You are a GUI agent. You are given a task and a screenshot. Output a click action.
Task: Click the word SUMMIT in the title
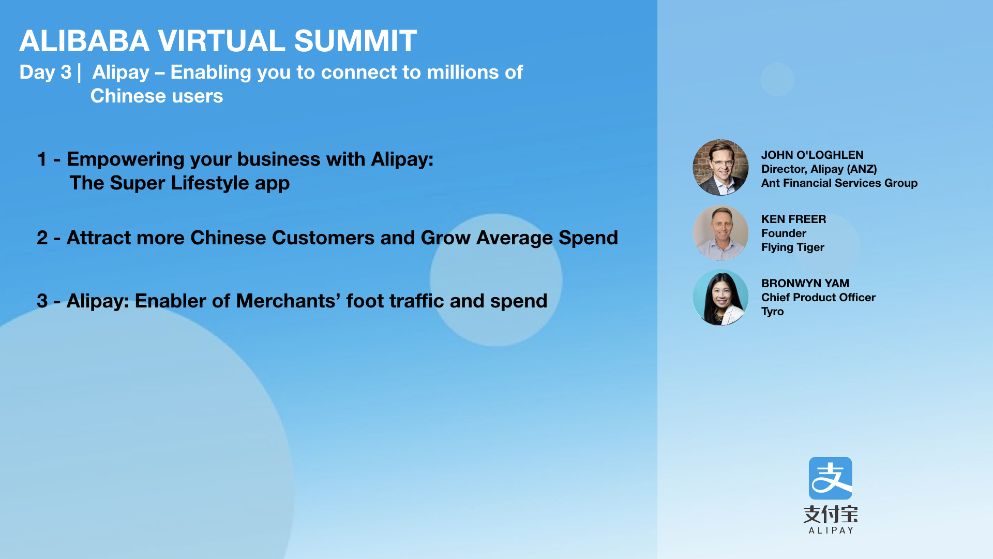[355, 41]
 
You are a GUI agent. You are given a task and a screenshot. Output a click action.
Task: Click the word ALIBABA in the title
[84, 41]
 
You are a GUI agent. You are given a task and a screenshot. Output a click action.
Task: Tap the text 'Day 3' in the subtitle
[46, 72]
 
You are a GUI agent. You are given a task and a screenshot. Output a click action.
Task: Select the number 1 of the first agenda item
[42, 159]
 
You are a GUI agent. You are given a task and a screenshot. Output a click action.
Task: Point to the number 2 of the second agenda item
[42, 238]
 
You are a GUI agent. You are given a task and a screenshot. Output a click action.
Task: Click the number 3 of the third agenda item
[42, 301]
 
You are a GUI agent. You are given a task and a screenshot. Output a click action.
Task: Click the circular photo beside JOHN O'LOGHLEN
[720, 167]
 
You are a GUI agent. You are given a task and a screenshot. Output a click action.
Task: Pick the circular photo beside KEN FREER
[720, 233]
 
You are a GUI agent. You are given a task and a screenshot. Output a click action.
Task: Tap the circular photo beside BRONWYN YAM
[720, 298]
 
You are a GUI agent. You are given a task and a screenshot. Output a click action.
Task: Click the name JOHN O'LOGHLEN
[812, 155]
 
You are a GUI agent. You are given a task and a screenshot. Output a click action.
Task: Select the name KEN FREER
[793, 219]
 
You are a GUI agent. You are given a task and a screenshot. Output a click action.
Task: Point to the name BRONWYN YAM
[805, 284]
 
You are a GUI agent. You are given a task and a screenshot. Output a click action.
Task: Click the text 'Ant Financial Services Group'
[839, 183]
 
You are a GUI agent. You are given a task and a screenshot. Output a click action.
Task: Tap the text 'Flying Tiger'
[792, 247]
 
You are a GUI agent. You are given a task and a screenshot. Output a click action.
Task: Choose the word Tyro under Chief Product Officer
[772, 312]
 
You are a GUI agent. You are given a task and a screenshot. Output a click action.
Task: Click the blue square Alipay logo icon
[830, 478]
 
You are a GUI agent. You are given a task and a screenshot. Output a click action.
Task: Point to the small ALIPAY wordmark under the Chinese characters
[831, 531]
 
